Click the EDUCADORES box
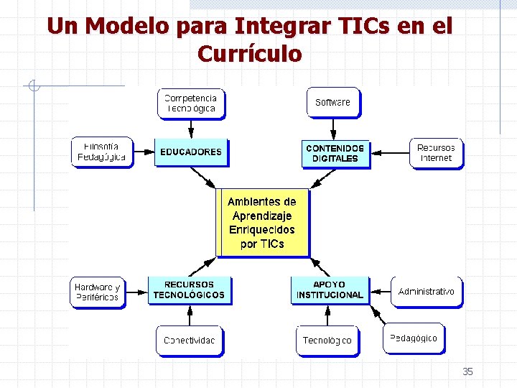[190, 152]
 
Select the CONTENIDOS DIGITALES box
[335, 153]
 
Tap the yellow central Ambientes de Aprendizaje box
[262, 223]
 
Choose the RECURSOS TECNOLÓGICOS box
[189, 290]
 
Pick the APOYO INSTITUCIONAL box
[330, 290]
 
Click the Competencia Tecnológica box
[190, 103]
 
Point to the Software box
[332, 102]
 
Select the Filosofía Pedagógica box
[101, 152]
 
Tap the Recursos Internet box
[436, 152]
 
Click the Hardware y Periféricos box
[97, 292]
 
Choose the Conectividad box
[189, 341]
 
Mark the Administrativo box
[426, 292]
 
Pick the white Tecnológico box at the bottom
[327, 341]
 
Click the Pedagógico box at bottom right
[413, 338]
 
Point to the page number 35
[467, 371]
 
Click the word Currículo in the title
[249, 54]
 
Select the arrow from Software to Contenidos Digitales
[333, 129]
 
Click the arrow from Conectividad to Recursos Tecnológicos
[190, 315]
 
